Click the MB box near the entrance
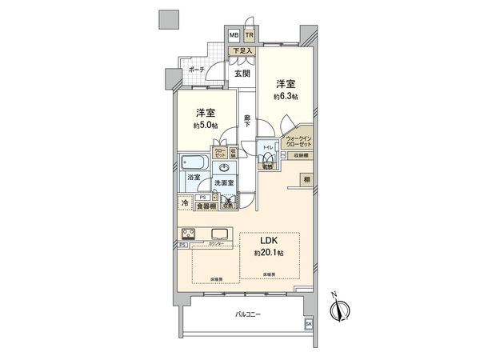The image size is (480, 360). click(x=234, y=36)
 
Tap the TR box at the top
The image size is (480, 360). click(x=250, y=36)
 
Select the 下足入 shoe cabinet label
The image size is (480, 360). click(x=242, y=51)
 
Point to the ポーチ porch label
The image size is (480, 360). click(x=197, y=70)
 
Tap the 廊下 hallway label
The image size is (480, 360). click(x=248, y=122)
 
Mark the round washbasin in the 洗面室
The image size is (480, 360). click(x=225, y=167)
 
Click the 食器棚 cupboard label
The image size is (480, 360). click(x=206, y=206)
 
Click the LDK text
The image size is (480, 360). click(x=269, y=242)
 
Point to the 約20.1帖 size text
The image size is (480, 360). click(x=269, y=254)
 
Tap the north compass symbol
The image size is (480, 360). click(x=340, y=311)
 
